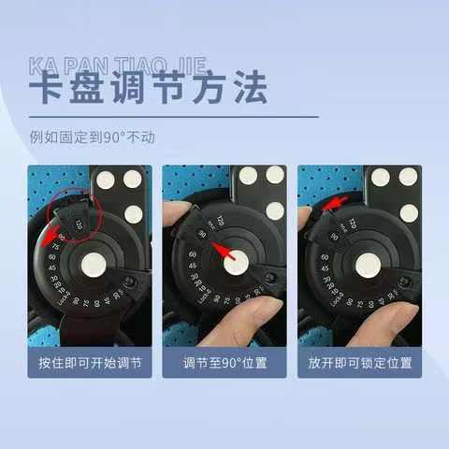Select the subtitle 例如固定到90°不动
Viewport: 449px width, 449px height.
click(x=92, y=137)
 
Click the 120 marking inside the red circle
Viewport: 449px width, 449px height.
click(x=80, y=225)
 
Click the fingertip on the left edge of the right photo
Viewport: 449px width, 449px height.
click(x=305, y=221)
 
